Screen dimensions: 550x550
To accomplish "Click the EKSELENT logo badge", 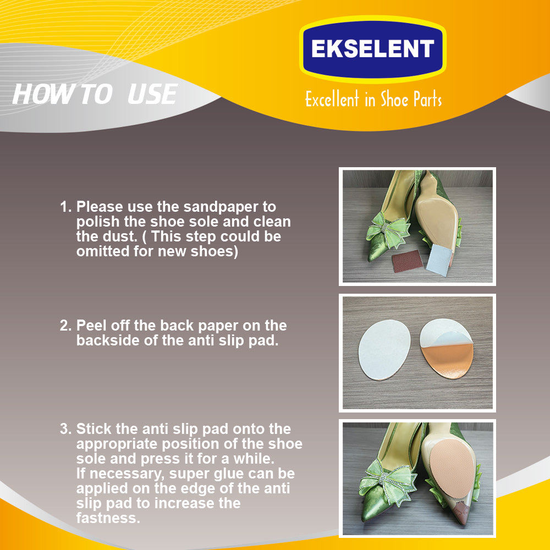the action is pos(372,49).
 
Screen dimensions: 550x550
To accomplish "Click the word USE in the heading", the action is pos(152,95).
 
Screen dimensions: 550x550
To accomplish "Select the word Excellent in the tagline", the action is pos(332,99).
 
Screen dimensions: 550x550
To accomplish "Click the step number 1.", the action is pos(65,207).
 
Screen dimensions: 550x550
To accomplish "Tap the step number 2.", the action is pos(65,326).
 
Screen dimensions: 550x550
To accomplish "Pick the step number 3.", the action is pos(65,429).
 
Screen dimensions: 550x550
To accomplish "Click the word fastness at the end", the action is pos(108,518).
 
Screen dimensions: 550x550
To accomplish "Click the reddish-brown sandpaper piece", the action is pos(408,261).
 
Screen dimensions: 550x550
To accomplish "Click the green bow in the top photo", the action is pos(388,230).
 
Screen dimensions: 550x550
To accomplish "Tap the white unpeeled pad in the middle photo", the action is pos(384,350).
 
